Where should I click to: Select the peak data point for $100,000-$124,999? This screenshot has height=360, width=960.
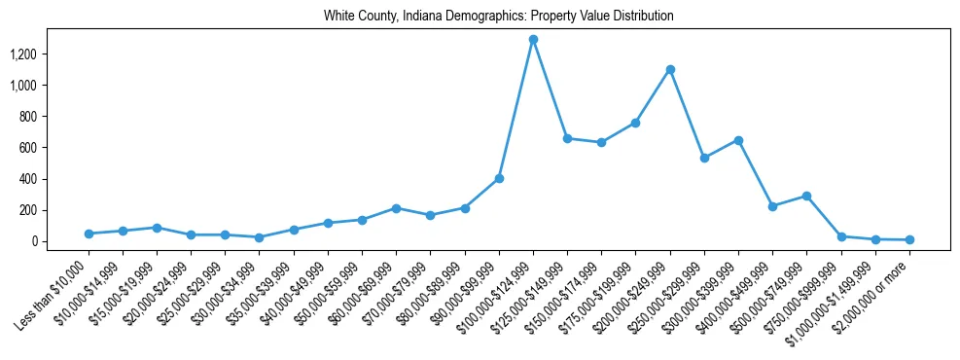tap(533, 40)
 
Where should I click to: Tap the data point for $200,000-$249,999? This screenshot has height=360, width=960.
tap(670, 69)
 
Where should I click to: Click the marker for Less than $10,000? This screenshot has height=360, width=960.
tap(89, 234)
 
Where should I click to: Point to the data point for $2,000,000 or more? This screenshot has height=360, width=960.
tap(909, 239)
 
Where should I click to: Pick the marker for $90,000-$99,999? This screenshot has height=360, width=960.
tap(499, 178)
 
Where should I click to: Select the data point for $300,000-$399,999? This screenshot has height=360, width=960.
tap(738, 140)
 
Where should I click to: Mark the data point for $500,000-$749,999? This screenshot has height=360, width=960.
tap(806, 196)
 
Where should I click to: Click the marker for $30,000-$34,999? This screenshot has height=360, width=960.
tap(260, 237)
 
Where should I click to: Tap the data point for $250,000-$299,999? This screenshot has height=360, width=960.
tap(704, 158)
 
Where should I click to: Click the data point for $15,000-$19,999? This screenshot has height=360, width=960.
tap(157, 228)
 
